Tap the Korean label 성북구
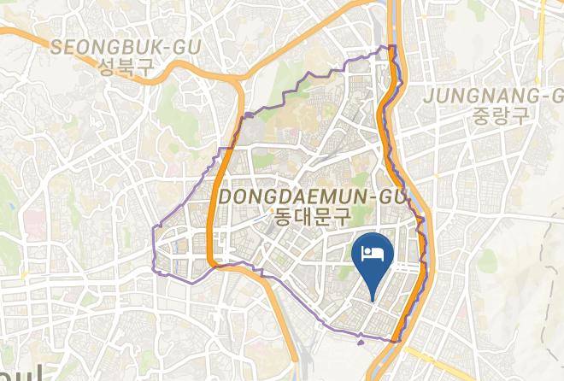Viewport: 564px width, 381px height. [x=126, y=68]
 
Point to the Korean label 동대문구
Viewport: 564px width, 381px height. [x=311, y=217]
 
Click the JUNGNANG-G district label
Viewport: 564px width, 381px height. [x=493, y=94]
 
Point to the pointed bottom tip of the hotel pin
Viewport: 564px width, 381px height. [x=372, y=298]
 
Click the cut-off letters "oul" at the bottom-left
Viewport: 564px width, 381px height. [x=26, y=372]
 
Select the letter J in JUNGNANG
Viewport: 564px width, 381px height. [x=429, y=94]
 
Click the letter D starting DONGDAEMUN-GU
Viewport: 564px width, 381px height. [x=226, y=197]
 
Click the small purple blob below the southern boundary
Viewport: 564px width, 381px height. [x=360, y=341]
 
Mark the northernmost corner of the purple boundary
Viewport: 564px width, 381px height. [x=391, y=46]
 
